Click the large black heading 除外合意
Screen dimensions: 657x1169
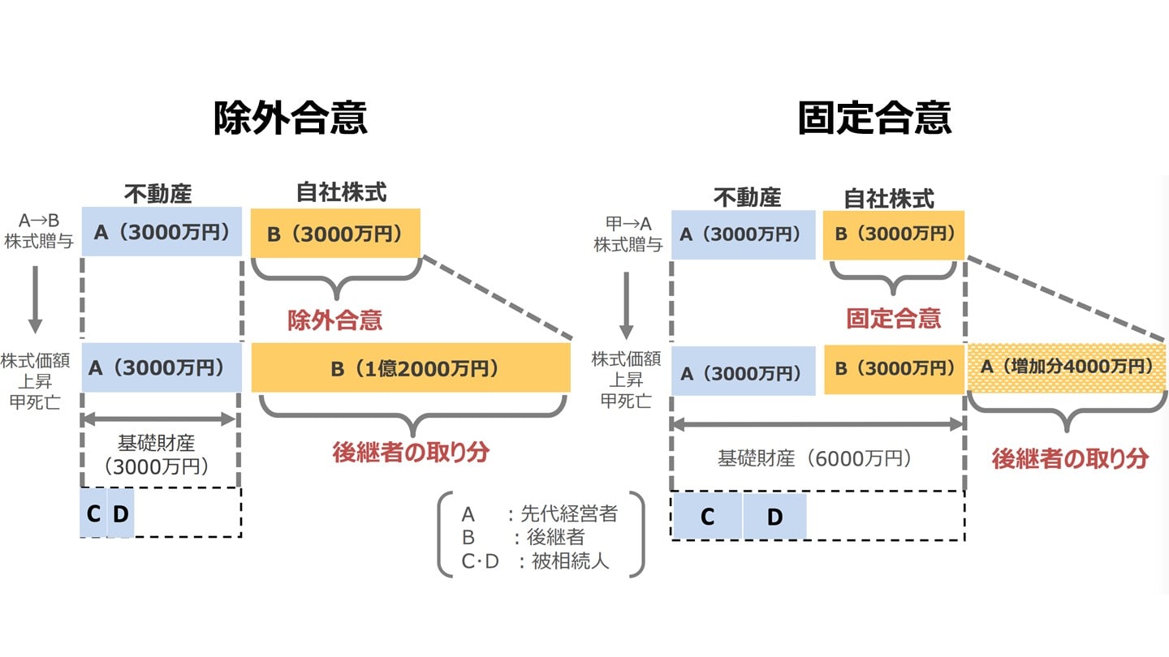290,118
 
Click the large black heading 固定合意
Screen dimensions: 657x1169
874,118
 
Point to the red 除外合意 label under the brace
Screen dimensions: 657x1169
334,320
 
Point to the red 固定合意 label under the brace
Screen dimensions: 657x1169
893,318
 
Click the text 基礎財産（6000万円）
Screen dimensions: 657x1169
817,458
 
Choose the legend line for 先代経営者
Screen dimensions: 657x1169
539,513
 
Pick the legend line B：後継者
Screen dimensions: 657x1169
523,537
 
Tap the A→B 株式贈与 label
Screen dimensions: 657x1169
38,230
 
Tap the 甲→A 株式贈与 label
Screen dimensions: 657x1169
628,234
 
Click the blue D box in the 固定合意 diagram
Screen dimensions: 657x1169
774,517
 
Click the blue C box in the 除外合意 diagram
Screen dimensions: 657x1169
93,513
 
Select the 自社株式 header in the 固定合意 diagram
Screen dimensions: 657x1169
889,198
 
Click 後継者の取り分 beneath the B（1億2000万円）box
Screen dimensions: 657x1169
411,453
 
